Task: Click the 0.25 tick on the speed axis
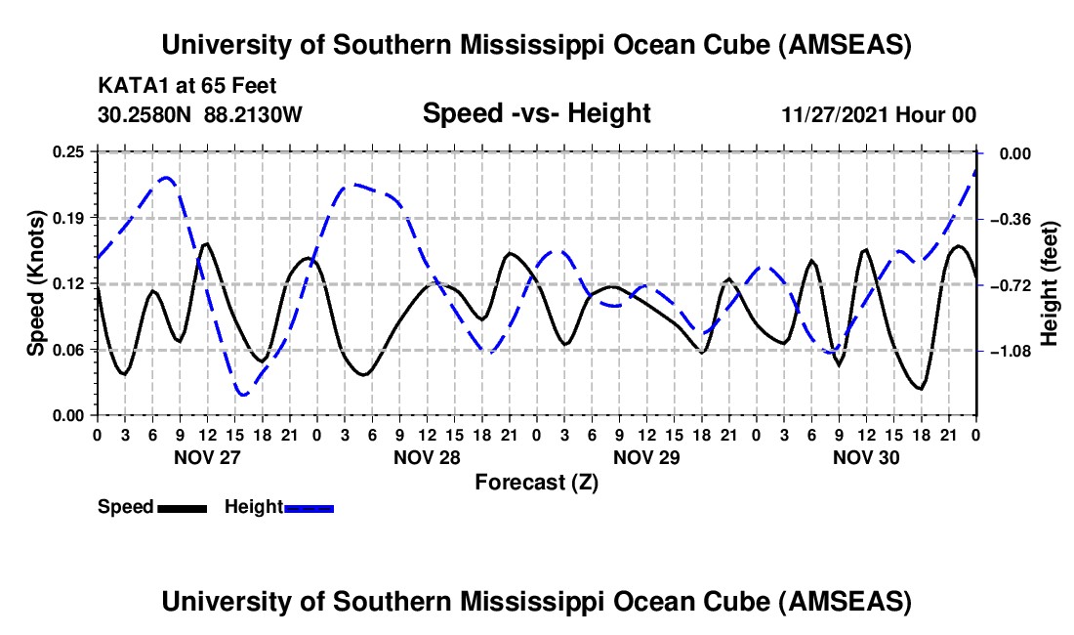coord(68,152)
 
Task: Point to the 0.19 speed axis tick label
coord(68,217)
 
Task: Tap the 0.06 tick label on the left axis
coord(68,350)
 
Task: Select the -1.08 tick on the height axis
coord(1017,351)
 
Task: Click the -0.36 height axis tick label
coord(1017,219)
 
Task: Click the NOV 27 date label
coord(207,456)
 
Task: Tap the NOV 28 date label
coord(427,456)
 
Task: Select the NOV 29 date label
coord(646,456)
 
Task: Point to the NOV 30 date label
coord(866,456)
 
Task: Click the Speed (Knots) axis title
coord(36,283)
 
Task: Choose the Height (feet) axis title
coord(1051,283)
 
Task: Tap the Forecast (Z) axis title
coord(536,482)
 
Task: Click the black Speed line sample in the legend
coord(182,508)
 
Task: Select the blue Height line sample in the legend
coord(309,508)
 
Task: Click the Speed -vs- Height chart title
coord(536,113)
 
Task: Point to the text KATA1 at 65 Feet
coord(187,86)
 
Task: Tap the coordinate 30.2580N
coord(146,114)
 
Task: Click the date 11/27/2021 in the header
coord(835,114)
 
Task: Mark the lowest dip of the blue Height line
coord(242,394)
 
